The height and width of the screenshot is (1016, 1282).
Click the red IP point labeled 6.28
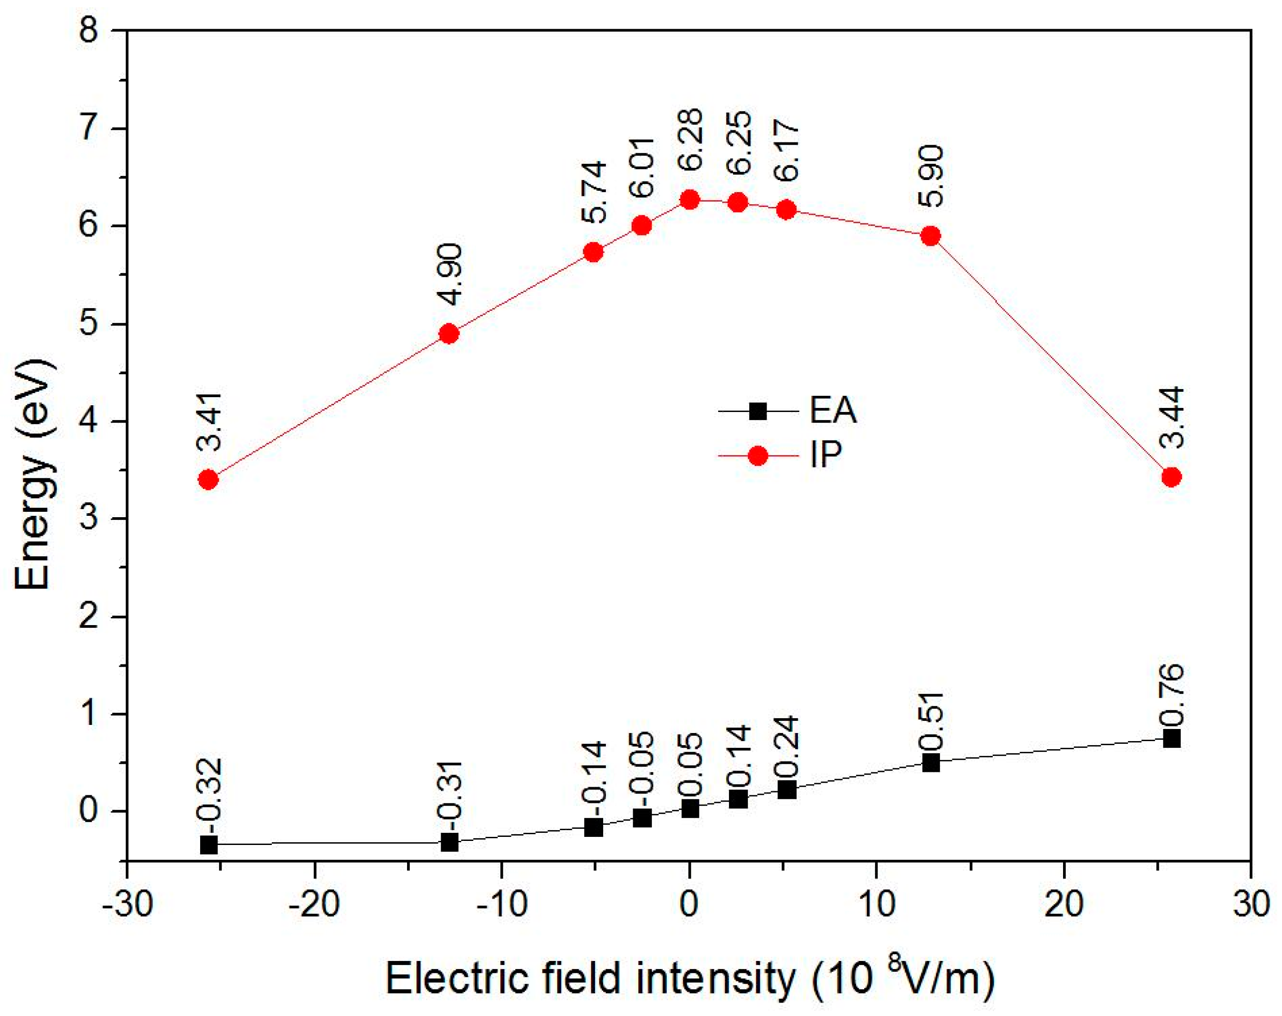(x=690, y=200)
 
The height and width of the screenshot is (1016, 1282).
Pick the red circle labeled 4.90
(x=450, y=334)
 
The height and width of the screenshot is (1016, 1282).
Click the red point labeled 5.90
(x=930, y=236)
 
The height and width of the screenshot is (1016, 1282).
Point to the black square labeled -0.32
(x=208, y=844)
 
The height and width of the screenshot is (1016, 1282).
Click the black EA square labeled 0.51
(x=930, y=763)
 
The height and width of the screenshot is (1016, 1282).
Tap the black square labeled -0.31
(x=450, y=842)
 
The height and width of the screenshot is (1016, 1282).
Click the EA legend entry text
(x=832, y=411)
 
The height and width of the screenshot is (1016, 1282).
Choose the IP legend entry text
(x=825, y=456)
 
